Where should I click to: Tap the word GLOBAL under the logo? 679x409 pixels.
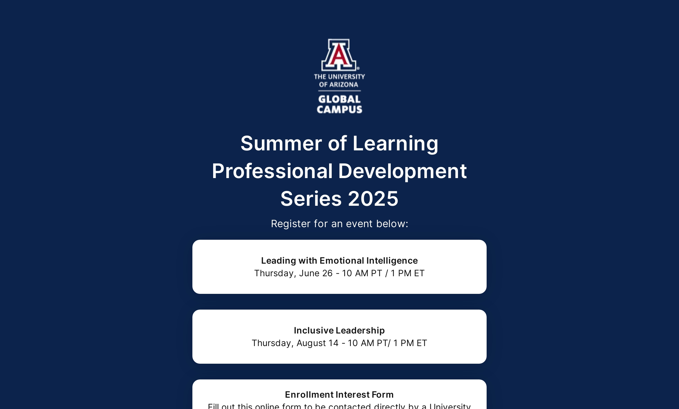(339, 99)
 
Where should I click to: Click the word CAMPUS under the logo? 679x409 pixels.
(339, 109)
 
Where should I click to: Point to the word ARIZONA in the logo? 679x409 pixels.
(344, 85)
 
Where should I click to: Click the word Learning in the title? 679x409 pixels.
(395, 143)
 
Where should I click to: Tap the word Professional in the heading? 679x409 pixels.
(272, 171)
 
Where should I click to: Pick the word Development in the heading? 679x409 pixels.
(402, 171)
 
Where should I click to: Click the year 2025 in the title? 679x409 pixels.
(373, 199)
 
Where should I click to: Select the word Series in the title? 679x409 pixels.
(311, 199)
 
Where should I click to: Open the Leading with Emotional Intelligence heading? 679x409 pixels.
(339, 261)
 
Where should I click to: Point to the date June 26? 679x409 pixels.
(316, 273)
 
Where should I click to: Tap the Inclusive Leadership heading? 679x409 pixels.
(339, 330)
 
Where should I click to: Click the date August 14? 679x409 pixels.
(317, 343)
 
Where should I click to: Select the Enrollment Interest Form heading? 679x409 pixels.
(339, 395)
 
